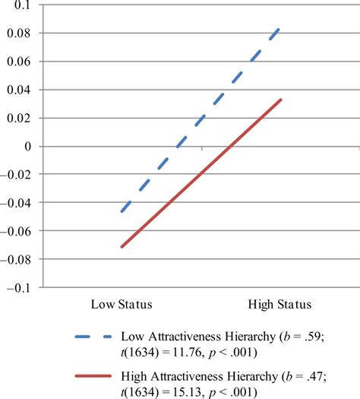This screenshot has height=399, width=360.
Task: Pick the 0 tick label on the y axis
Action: (33, 146)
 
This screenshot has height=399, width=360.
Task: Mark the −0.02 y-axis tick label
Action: (21, 174)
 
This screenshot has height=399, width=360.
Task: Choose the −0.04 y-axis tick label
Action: (21, 203)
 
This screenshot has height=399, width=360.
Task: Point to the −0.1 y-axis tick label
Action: (24, 287)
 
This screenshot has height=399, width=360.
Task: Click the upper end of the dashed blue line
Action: (279, 29)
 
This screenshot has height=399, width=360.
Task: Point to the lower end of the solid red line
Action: (121, 247)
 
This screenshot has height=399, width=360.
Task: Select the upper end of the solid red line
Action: (280, 100)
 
